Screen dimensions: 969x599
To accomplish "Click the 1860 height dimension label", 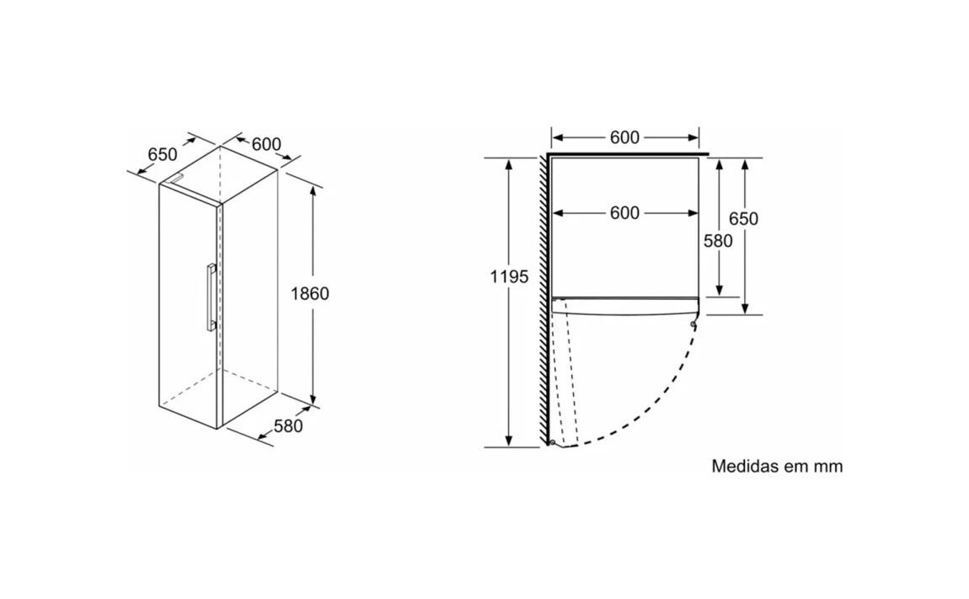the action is point(309,293).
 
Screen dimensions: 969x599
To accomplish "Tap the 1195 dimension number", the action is point(509,277).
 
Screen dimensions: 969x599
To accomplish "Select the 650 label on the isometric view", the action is point(163,154).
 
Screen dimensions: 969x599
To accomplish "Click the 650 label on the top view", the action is point(743,219).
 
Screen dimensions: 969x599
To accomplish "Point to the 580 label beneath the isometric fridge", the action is point(289,426).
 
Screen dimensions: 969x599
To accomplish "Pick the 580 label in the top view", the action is point(717,241).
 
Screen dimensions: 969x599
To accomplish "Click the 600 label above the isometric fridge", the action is point(266,144).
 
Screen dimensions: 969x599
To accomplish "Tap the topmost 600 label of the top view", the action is point(624,137).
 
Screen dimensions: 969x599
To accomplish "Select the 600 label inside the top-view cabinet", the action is point(624,212).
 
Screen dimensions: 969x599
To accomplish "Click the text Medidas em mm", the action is point(777,466).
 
